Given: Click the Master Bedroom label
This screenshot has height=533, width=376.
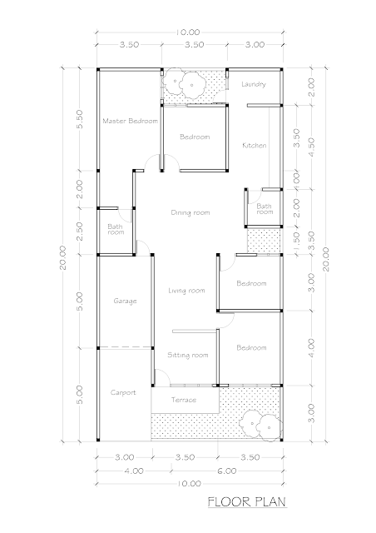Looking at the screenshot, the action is (x=130, y=121).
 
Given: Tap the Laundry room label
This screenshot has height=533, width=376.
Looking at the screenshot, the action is (x=254, y=84).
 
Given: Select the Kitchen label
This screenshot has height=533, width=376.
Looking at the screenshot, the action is (x=254, y=146).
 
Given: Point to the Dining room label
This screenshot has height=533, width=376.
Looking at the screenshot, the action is (x=190, y=213).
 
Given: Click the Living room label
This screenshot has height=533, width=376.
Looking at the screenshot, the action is (x=186, y=291).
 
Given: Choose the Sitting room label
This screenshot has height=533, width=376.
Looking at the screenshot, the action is (x=187, y=356).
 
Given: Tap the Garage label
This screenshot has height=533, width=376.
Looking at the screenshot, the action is (x=125, y=301).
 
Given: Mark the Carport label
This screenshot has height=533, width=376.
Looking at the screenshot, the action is (x=123, y=392).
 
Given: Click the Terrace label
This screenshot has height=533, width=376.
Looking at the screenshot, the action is (x=183, y=400).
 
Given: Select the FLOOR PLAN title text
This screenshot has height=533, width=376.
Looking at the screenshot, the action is (x=247, y=502).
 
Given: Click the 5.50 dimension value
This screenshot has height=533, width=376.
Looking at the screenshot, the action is (x=80, y=119).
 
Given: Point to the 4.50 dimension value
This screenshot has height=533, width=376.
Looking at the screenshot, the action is (x=311, y=147).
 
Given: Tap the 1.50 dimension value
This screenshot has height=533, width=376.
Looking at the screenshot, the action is (x=296, y=241).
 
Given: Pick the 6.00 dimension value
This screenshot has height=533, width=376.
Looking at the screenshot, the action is (x=226, y=471).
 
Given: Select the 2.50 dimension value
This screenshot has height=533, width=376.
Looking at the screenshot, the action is (x=80, y=232).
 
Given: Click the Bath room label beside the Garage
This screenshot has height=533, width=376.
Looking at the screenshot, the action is (x=116, y=230).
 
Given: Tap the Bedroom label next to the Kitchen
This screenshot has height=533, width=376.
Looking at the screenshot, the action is (x=195, y=137).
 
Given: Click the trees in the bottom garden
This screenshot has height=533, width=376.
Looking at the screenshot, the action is (x=260, y=425).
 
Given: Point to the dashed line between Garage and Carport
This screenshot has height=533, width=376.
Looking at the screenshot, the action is (x=125, y=347).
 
